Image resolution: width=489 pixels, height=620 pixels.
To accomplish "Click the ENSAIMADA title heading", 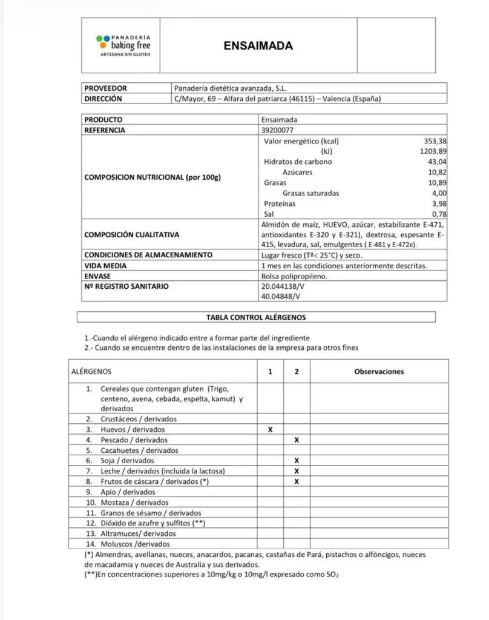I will pyautogui.click(x=258, y=45).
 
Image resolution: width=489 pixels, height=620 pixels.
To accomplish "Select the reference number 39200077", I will pyautogui.click(x=280, y=130).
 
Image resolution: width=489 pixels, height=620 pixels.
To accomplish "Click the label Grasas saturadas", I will pyautogui.click(x=310, y=193).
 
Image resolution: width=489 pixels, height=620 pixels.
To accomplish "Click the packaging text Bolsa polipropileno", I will pyautogui.click(x=294, y=275).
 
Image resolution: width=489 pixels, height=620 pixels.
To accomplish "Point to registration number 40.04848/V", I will pyautogui.click(x=280, y=296).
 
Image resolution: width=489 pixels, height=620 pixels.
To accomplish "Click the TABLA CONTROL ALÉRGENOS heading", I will pyautogui.click(x=256, y=317).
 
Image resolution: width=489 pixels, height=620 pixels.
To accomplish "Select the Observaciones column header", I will pyautogui.click(x=379, y=372).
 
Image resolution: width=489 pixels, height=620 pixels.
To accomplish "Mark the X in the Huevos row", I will pyautogui.click(x=270, y=429).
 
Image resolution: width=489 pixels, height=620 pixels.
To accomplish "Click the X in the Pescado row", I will pyautogui.click(x=297, y=440).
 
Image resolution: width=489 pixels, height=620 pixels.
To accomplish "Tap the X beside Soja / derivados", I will pyautogui.click(x=297, y=461).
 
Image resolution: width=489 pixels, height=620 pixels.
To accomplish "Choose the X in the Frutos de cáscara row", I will pyautogui.click(x=297, y=482).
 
